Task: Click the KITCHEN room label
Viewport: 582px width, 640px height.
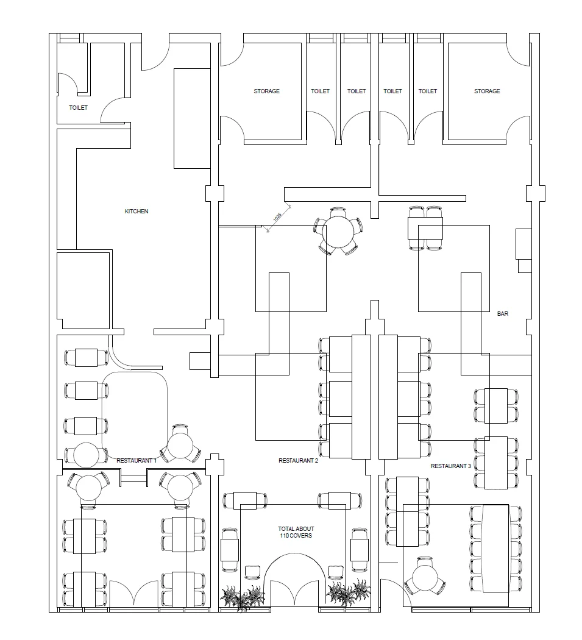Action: pyautogui.click(x=137, y=212)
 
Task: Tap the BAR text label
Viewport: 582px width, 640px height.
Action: pyautogui.click(x=503, y=314)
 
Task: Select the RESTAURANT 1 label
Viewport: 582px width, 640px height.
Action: pyautogui.click(x=137, y=461)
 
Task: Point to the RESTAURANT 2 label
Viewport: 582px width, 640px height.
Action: pyautogui.click(x=299, y=461)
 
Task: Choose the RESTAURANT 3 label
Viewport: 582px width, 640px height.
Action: pyautogui.click(x=451, y=466)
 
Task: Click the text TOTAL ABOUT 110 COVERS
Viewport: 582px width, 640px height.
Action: pyautogui.click(x=296, y=532)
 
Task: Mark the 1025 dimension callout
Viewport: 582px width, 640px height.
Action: pyautogui.click(x=277, y=217)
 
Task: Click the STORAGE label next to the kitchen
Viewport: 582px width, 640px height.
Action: pyautogui.click(x=267, y=91)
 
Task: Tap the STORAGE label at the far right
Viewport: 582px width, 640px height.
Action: pyautogui.click(x=487, y=91)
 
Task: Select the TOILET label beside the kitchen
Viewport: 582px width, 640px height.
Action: pyautogui.click(x=78, y=108)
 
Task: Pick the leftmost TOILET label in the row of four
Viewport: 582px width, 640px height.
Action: pyautogui.click(x=320, y=91)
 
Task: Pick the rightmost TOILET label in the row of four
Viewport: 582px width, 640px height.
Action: pyautogui.click(x=428, y=91)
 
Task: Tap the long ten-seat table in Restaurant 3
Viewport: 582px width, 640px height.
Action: pyautogui.click(x=496, y=548)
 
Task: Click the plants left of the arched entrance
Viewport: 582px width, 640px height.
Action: pyautogui.click(x=243, y=597)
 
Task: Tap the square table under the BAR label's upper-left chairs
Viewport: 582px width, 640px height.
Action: pyautogui.click(x=425, y=228)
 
